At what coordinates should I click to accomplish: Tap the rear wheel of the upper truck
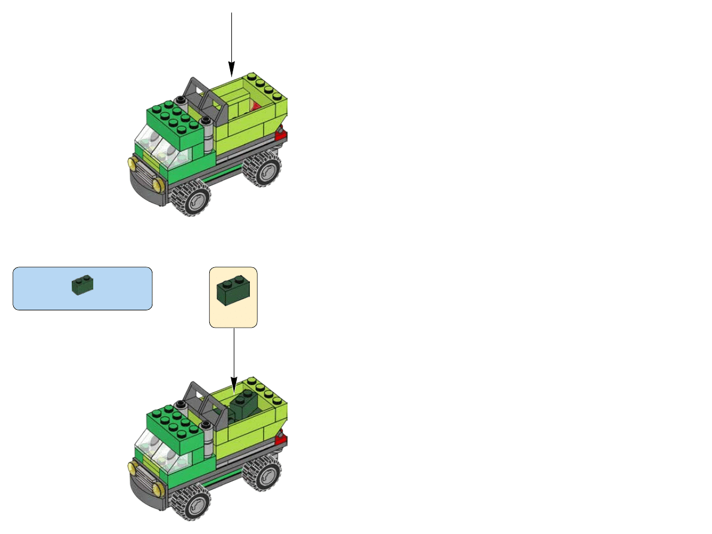tap(262, 170)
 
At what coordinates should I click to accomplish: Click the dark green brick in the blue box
tap(82, 284)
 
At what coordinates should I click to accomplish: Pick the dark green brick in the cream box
tap(233, 291)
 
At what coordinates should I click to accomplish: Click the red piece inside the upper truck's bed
tap(255, 106)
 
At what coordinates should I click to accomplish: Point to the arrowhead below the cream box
tap(234, 381)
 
